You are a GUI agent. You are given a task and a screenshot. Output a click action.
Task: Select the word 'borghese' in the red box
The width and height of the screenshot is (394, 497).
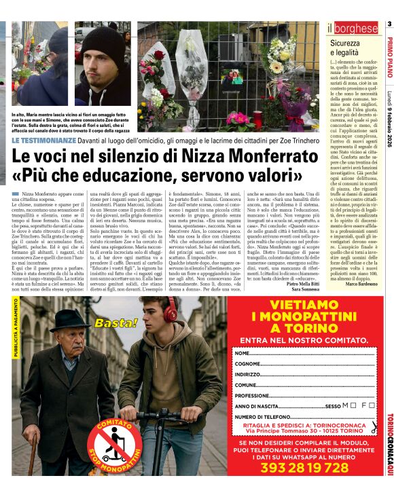[355, 29]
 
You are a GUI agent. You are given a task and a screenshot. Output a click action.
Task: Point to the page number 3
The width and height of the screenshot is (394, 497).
[389, 25]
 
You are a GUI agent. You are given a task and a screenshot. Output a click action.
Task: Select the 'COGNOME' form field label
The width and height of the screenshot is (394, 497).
[248, 365]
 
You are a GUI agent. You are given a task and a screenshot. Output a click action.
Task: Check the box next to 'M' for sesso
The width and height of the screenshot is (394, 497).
[346, 405]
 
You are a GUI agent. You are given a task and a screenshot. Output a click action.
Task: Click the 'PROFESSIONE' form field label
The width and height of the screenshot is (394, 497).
[252, 395]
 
